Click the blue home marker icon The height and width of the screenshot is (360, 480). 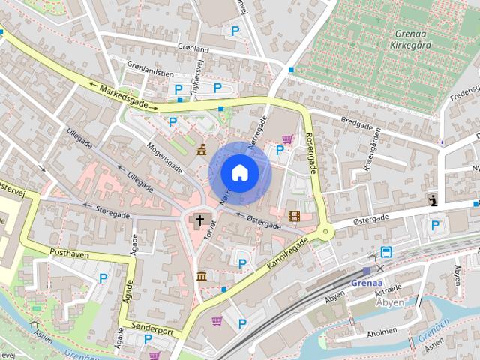click(x=239, y=172)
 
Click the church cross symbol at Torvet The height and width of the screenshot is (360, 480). click(x=200, y=221)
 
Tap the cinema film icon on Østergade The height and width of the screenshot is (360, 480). click(x=293, y=217)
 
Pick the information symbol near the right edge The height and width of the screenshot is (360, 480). click(x=433, y=199)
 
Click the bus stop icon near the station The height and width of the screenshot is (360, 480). click(x=386, y=252)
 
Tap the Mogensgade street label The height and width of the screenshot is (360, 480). click(x=166, y=156)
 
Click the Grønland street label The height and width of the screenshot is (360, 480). click(x=193, y=49)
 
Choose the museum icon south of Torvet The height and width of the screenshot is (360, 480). click(x=202, y=276)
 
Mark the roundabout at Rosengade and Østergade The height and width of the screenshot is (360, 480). click(x=325, y=232)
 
